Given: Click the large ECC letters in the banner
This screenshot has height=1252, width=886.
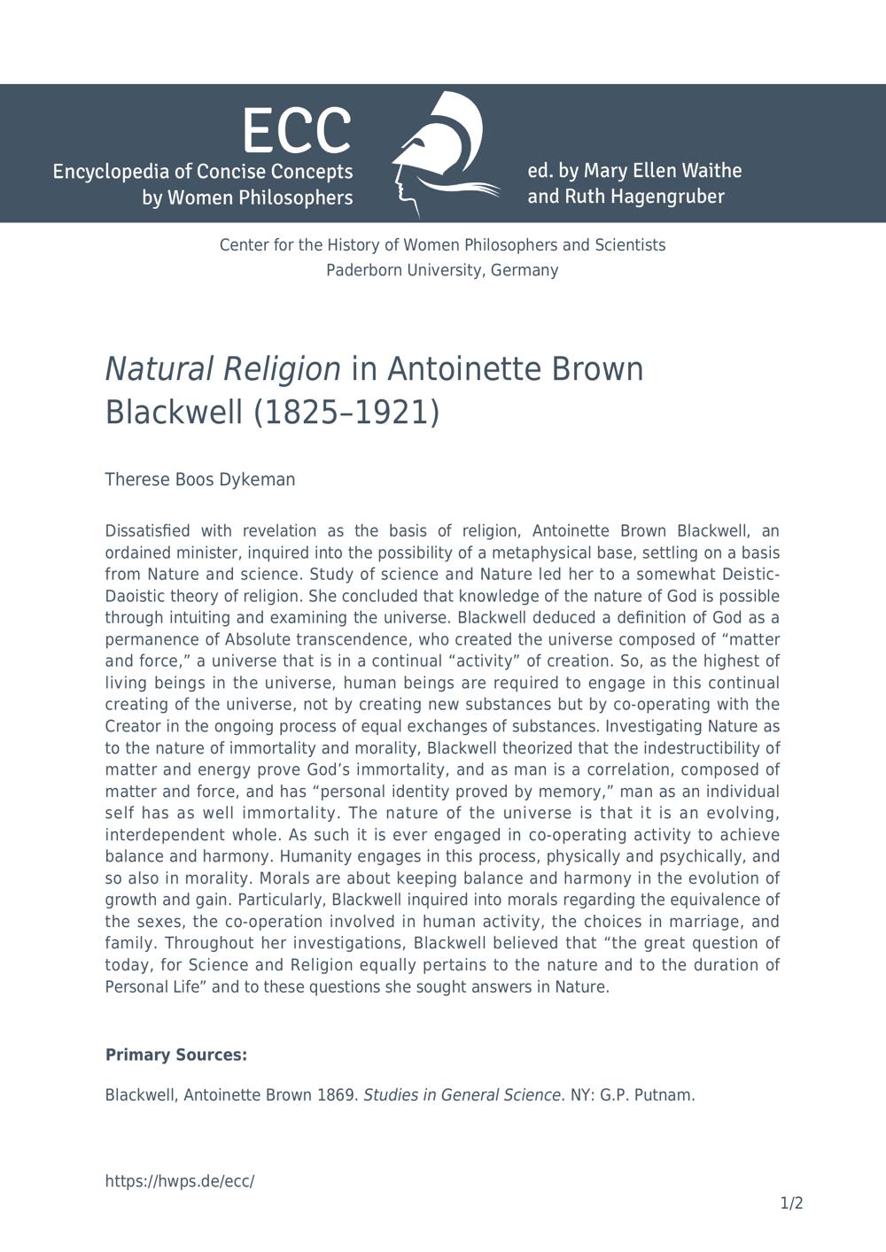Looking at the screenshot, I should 297,130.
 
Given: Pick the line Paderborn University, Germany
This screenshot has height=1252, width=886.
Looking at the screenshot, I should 442,270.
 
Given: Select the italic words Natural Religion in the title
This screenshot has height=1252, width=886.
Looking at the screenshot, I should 222,368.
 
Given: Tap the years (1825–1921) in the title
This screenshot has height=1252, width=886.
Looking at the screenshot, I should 346,413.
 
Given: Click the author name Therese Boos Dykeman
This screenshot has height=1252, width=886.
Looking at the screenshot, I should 200,480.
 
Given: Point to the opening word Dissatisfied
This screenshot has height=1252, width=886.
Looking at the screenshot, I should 147,531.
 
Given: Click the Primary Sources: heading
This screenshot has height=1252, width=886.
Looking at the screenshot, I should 176,1055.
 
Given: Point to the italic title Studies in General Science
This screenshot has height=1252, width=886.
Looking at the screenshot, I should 462,1095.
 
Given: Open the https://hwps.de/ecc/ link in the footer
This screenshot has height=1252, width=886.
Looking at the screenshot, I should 180,1181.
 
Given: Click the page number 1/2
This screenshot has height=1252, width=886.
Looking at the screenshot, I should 791,1203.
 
